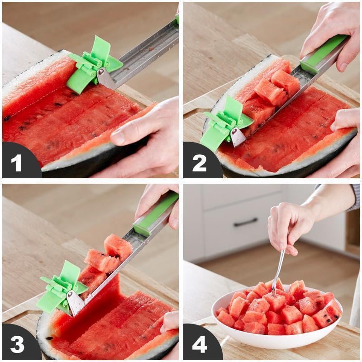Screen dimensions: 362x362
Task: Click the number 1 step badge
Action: [17, 162]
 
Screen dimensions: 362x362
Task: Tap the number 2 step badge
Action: [199, 162]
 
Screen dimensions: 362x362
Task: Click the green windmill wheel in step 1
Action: [93, 66]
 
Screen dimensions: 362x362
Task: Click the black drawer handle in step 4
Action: [246, 222]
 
